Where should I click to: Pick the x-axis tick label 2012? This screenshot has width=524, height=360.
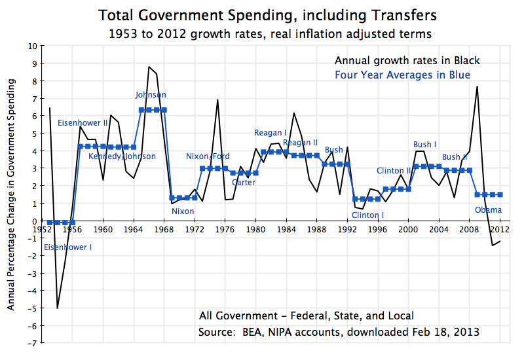pyautogui.click(x=500, y=230)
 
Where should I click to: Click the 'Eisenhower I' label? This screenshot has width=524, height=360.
pyautogui.click(x=68, y=247)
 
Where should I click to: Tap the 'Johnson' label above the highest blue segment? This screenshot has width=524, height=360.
pyautogui.click(x=151, y=95)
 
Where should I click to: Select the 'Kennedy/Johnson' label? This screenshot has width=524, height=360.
pyautogui.click(x=122, y=156)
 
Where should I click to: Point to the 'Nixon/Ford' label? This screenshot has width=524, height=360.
pyautogui.click(x=208, y=156)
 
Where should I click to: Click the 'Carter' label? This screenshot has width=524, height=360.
pyautogui.click(x=244, y=183)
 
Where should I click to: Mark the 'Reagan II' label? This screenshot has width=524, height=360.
pyautogui.click(x=300, y=143)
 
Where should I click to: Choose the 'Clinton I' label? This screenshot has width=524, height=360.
pyautogui.click(x=367, y=215)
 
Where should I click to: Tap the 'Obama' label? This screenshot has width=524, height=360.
pyautogui.click(x=488, y=210)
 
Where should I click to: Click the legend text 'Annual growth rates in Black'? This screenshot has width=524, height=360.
pyautogui.click(x=405, y=61)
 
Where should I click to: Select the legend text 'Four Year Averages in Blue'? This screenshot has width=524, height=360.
pyautogui.click(x=402, y=75)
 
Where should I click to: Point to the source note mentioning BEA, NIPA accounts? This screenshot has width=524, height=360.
pyautogui.click(x=339, y=333)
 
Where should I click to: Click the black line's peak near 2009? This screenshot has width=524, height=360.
pyautogui.click(x=477, y=86)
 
